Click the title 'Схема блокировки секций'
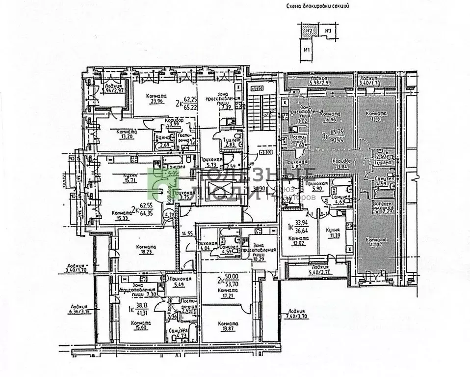[320, 6]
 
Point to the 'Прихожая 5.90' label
[313, 185]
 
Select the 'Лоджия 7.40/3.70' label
[298, 315]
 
